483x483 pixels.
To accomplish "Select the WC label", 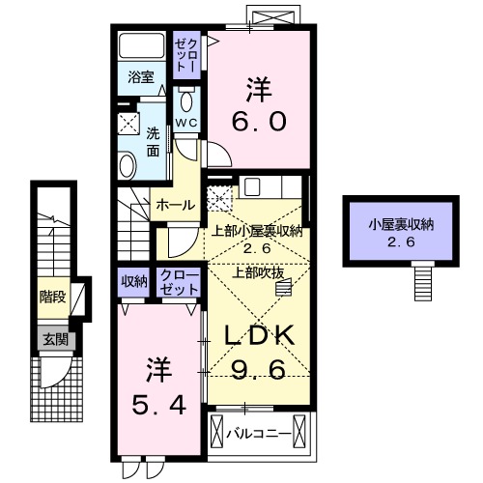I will [x=185, y=124].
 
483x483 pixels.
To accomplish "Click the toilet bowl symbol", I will [x=186, y=102].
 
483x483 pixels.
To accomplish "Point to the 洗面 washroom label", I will [x=154, y=142].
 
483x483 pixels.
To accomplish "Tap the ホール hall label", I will [x=176, y=205].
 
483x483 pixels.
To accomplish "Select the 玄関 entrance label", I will [x=52, y=337].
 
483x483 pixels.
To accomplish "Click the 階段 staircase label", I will [x=52, y=297].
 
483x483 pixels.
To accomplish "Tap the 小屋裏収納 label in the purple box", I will [x=399, y=225].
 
